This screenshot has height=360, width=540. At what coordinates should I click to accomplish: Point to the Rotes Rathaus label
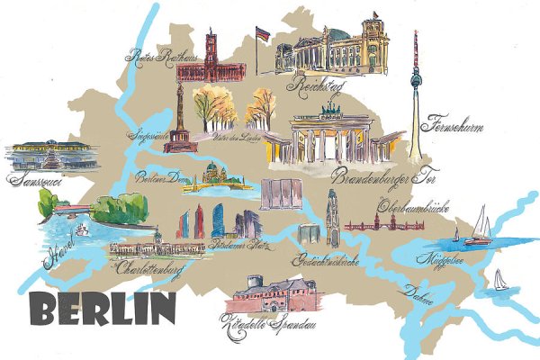point(154,57)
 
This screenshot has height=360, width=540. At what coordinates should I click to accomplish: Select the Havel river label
point(61,247)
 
